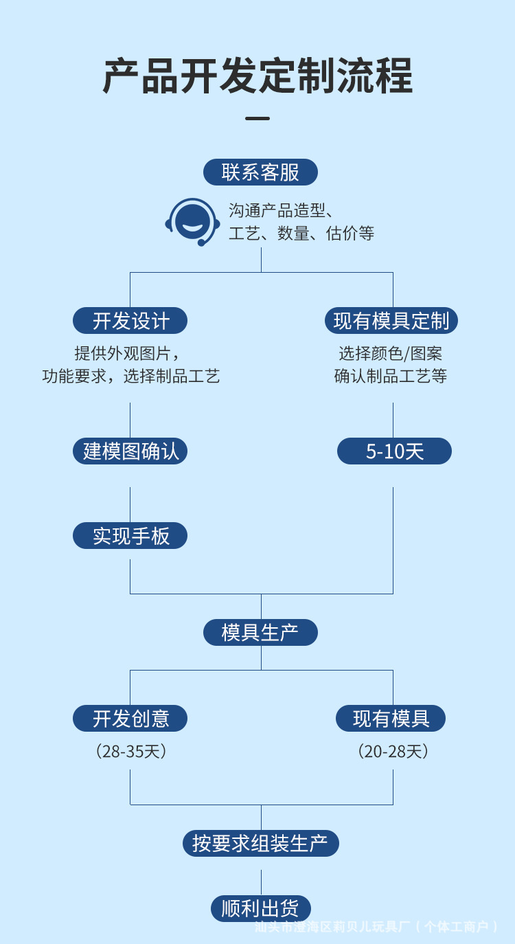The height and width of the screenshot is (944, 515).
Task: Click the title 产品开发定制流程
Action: coord(257,75)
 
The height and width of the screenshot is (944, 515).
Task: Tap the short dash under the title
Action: coord(257,119)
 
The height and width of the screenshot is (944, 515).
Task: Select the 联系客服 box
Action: coord(260,172)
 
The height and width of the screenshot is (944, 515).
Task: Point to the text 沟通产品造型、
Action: coord(280,210)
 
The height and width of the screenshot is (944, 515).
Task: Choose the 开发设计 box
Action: coord(130,320)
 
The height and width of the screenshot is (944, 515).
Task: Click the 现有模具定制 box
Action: coord(391,320)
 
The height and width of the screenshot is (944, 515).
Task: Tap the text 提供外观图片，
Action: coord(130,353)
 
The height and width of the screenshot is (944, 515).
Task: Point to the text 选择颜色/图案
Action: coord(391,353)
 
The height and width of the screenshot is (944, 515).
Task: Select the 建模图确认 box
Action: coord(130,451)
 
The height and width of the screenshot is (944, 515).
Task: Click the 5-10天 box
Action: coord(394,451)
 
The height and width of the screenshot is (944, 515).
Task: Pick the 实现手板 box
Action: coord(130,535)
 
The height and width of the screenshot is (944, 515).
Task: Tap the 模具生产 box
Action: coord(260,632)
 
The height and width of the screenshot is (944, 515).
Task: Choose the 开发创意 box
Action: coord(130,719)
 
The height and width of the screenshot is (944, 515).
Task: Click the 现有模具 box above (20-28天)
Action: coord(391,719)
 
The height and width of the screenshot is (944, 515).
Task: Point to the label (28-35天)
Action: coord(130,751)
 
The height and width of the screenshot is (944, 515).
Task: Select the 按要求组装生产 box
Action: coord(260,843)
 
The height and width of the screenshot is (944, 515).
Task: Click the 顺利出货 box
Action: coord(260,908)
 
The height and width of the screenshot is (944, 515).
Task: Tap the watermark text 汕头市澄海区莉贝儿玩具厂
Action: coord(332,927)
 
